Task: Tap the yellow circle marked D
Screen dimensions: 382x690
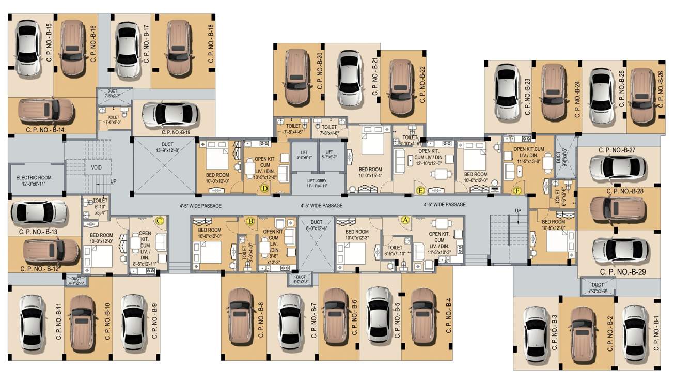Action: point(264,189)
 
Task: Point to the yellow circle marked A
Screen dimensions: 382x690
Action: point(404,220)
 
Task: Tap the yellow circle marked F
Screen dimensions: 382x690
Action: point(517,191)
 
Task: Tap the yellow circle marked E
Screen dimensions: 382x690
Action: point(420,191)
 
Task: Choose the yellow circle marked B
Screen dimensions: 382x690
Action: point(250,222)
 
